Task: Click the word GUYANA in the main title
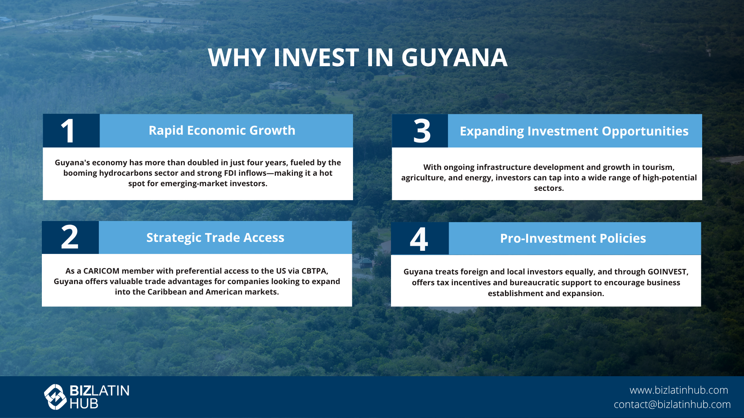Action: [454, 58]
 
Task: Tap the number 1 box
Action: [71, 131]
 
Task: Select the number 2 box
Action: [70, 238]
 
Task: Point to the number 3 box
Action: [420, 131]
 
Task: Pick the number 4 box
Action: [420, 238]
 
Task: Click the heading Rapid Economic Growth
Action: [222, 130]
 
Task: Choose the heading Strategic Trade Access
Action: [215, 238]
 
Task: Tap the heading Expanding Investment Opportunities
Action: [574, 131]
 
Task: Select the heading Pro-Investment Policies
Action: [573, 238]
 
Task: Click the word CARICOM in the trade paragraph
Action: [102, 271]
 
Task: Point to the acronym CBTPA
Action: [315, 271]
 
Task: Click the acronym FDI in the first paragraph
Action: [230, 173]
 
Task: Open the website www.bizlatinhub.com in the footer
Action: [679, 390]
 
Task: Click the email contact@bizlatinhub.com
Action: [672, 404]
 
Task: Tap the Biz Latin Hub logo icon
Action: [55, 397]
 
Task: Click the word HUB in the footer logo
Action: [84, 404]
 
